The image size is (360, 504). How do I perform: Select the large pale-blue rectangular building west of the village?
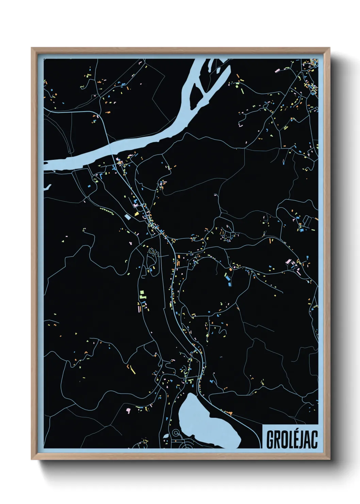(128, 216)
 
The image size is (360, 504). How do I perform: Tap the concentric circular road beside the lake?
(176, 433)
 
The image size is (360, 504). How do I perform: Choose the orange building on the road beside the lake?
(230, 413)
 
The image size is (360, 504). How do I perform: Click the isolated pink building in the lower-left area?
(128, 410)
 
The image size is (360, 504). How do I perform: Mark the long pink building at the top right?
(277, 70)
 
